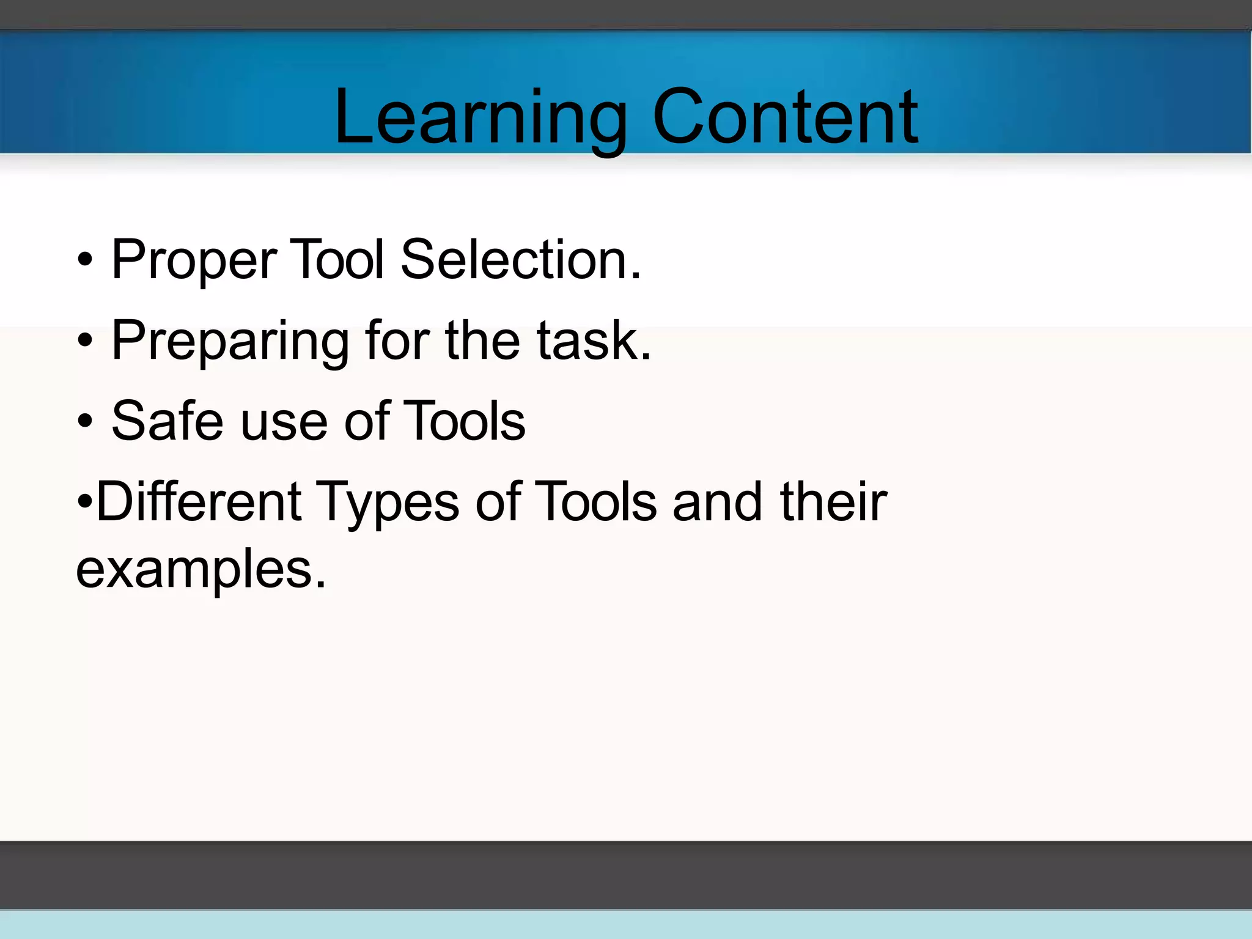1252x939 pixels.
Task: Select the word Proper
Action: coord(194,260)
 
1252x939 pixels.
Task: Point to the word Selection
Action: coord(520,259)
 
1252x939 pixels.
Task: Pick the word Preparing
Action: coord(230,341)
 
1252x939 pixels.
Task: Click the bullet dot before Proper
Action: coord(86,260)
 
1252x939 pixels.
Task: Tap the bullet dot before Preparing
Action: coord(86,341)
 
